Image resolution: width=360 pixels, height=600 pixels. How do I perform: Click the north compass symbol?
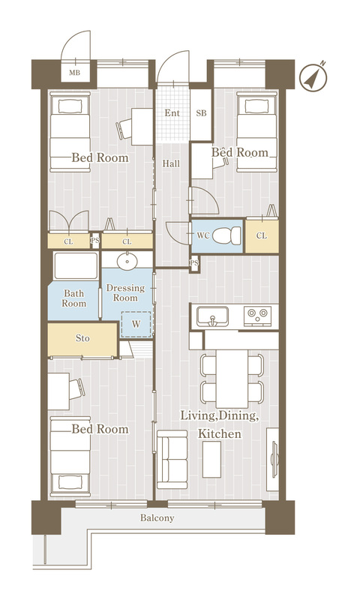[x=313, y=77]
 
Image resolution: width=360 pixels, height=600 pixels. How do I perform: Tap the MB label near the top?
[x=74, y=72]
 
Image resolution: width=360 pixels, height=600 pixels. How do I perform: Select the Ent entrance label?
[x=172, y=113]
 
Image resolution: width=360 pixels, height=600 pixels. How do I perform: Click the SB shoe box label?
[x=201, y=113]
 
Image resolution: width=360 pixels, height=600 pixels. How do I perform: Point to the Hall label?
[x=171, y=163]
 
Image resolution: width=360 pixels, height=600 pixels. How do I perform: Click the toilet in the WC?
[x=226, y=235]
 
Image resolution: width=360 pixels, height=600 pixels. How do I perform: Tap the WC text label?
[x=203, y=235]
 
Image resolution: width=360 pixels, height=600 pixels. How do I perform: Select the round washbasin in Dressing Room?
[x=127, y=262]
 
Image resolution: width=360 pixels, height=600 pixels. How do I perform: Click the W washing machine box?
[x=136, y=325]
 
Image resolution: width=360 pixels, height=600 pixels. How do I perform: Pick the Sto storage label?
[x=82, y=338]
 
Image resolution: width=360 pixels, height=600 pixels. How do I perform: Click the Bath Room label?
[x=74, y=298]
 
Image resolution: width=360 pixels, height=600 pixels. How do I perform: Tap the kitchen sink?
[x=213, y=316]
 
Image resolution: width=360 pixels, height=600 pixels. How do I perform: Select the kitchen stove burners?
[x=257, y=316]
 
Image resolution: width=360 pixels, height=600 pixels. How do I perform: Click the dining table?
[x=232, y=379]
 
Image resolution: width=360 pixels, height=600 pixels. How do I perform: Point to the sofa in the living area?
[x=172, y=459]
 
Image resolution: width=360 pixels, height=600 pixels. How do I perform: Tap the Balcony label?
[x=157, y=518]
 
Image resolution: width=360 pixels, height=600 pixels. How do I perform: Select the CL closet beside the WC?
[x=262, y=235]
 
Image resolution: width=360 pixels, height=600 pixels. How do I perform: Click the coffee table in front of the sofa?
[x=211, y=459]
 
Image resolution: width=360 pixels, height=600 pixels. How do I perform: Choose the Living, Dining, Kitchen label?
[x=219, y=424]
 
